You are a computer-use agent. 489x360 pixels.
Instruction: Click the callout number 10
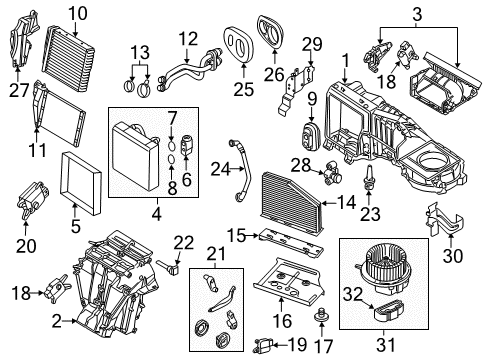[x=78, y=13]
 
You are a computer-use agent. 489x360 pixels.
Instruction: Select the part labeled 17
[x=322, y=314]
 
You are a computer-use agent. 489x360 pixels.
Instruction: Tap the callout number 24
[x=220, y=169]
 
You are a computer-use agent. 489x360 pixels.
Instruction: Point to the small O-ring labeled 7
[x=171, y=146]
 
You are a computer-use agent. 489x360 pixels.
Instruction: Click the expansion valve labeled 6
[x=186, y=145]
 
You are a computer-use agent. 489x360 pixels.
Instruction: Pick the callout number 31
[x=386, y=344]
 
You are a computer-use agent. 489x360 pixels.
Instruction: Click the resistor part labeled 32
[x=389, y=311]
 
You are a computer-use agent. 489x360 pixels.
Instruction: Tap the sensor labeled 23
[x=369, y=177]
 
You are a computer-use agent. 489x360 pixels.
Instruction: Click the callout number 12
[x=188, y=39]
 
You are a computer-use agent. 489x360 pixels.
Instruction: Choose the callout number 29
[x=312, y=44]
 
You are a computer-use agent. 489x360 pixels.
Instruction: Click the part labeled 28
[x=330, y=172]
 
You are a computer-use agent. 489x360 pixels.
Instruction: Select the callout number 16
[x=282, y=321]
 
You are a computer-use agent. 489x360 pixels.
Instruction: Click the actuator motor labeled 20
[x=32, y=199]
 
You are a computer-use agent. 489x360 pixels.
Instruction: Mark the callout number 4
[x=157, y=214]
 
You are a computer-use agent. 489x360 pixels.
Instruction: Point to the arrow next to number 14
[x=329, y=202]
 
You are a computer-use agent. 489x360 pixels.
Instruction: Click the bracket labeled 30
[x=445, y=219]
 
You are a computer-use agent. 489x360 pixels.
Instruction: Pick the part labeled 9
[x=311, y=135]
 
